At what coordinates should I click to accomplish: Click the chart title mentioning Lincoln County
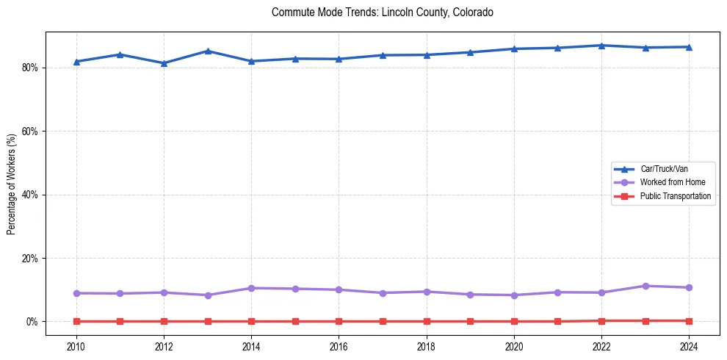tap(382, 12)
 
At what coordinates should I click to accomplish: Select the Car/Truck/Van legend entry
tap(663, 169)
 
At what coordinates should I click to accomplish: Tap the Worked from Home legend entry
tap(672, 182)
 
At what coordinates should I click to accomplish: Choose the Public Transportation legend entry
tap(675, 196)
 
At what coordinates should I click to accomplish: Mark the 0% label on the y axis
tap(32, 322)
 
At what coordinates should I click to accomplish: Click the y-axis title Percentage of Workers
tap(12, 184)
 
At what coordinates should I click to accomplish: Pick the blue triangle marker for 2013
tap(208, 51)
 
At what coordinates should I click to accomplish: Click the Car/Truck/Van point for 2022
tap(601, 46)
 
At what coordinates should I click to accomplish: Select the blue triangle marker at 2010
tap(76, 62)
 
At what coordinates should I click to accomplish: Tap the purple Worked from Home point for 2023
tap(645, 286)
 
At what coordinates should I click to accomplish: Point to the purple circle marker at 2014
tap(251, 288)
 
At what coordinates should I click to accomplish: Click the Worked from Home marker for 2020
tap(514, 295)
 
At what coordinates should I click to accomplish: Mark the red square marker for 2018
tap(427, 321)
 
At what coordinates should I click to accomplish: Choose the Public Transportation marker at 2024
tap(689, 321)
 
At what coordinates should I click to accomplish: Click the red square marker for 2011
tap(120, 321)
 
